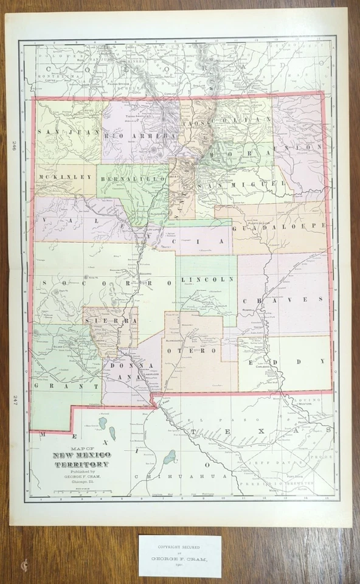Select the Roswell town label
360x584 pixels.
247,308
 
